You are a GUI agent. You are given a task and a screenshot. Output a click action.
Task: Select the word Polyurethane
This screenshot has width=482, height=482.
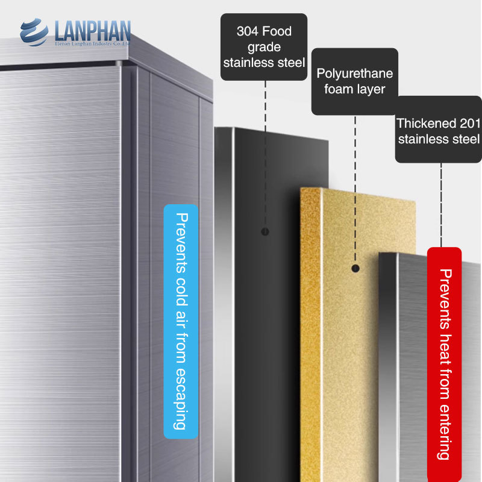click(x=355, y=74)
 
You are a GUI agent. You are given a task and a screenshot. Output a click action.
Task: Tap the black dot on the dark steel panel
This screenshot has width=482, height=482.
click(x=265, y=231)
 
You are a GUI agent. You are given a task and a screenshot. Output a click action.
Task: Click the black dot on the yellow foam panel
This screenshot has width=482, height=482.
click(x=355, y=268)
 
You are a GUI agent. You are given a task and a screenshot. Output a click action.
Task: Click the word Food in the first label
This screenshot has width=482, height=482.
click(x=277, y=31)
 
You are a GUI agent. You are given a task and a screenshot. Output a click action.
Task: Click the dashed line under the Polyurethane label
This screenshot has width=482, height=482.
click(x=355, y=181)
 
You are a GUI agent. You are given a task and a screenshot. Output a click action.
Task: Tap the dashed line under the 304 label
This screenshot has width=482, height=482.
click(x=265, y=151)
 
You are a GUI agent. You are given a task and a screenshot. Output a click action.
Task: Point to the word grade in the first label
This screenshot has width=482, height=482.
click(x=264, y=47)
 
